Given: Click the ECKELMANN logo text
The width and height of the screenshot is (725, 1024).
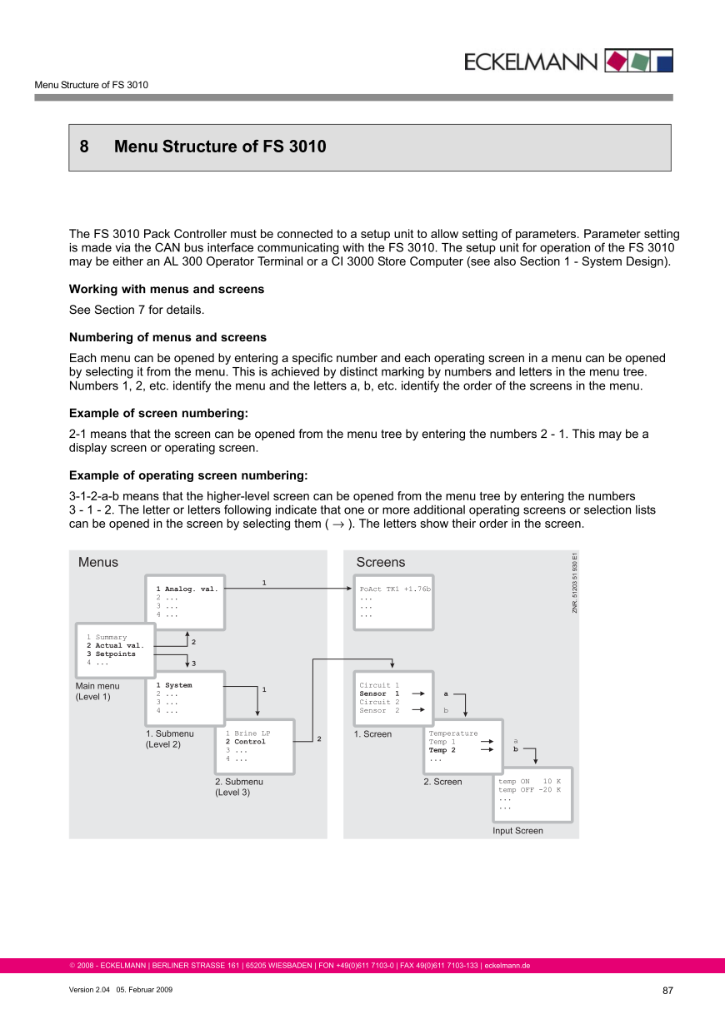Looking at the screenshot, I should pyautogui.click(x=530, y=62).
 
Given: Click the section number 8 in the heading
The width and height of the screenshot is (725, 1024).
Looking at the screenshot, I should pyautogui.click(x=84, y=147).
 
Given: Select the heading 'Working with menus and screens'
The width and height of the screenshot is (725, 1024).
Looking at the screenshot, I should pyautogui.click(x=167, y=290).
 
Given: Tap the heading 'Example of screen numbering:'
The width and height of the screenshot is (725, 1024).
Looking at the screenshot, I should pyautogui.click(x=158, y=414).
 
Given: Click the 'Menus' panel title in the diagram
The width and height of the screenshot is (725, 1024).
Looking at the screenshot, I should pyautogui.click(x=98, y=563).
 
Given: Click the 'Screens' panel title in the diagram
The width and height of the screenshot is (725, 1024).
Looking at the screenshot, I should pyautogui.click(x=380, y=563).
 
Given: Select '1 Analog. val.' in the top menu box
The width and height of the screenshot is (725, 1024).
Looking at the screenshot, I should pyautogui.click(x=187, y=589).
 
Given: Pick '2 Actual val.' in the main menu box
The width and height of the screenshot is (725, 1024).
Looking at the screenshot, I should pyautogui.click(x=115, y=646).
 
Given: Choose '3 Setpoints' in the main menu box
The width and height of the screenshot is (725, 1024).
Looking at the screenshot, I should pyautogui.click(x=111, y=654).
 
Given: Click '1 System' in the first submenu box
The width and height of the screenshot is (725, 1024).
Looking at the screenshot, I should pyautogui.click(x=174, y=686).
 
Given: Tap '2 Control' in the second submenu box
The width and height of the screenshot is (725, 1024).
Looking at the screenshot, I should pyautogui.click(x=246, y=742).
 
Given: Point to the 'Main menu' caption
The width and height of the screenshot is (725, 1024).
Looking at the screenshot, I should pyautogui.click(x=97, y=687).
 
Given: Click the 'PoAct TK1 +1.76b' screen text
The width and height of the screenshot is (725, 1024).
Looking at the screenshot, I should pyautogui.click(x=395, y=589).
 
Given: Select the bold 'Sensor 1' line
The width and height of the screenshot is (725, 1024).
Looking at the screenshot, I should pyautogui.click(x=379, y=693).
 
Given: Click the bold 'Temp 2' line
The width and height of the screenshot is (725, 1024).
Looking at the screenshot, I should pyautogui.click(x=442, y=750).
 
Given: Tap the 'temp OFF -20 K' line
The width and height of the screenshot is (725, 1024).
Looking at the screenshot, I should pyautogui.click(x=529, y=790).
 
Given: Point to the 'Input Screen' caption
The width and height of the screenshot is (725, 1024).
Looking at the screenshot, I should pyautogui.click(x=517, y=831).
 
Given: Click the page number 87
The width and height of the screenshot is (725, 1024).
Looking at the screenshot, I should pyautogui.click(x=667, y=991).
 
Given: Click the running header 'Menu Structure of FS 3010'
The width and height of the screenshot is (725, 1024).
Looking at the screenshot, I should pyautogui.click(x=92, y=85).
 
